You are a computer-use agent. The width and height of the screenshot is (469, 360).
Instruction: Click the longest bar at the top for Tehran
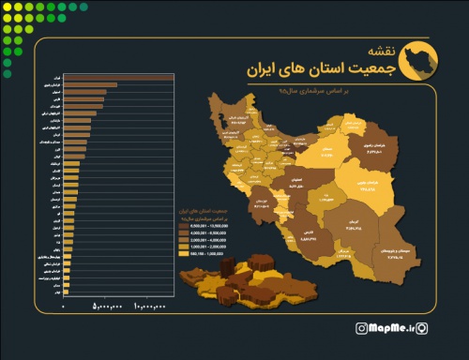(x=117, y=77)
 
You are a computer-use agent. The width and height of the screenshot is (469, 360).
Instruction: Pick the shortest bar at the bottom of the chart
(x=65, y=293)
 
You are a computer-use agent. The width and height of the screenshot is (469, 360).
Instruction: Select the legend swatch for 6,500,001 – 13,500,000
(x=184, y=226)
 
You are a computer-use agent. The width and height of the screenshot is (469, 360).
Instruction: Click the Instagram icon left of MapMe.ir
(x=361, y=328)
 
